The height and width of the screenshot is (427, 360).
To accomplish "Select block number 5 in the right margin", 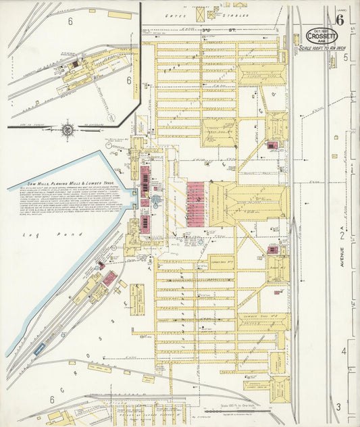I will (344, 59).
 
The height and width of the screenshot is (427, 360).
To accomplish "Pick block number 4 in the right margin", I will (343, 351).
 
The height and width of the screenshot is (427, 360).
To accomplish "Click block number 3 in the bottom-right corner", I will (338, 407).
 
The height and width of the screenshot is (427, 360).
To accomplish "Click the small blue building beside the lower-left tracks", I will (40, 347).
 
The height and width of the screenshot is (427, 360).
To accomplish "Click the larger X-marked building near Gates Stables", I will (214, 13).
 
